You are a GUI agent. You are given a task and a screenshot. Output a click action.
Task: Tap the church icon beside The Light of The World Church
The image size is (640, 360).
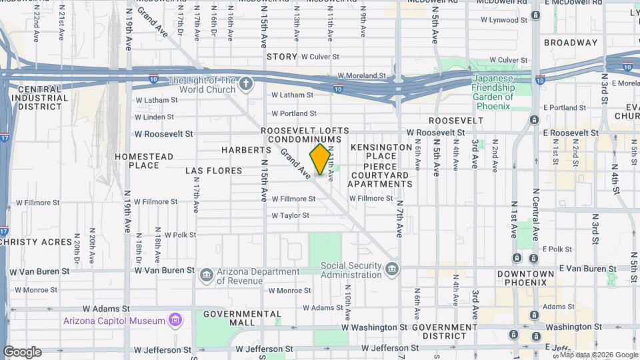pos(246,83)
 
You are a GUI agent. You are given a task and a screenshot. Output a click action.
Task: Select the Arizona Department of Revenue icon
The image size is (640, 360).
pos(206,274)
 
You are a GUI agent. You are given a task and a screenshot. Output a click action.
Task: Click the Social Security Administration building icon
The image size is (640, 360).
pos(392,269)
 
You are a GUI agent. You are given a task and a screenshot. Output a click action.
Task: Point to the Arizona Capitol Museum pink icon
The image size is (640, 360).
pos(175,321)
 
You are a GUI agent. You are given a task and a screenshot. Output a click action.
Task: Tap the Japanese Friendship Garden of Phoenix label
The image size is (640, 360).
pos(493,92)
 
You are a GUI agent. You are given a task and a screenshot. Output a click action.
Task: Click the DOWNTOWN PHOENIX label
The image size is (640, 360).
pos(525,278)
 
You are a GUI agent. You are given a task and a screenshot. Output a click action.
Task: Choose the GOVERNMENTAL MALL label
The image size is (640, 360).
pos(233,318)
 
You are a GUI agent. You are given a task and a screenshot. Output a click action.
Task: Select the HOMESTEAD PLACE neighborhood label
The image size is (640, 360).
pos(143,161)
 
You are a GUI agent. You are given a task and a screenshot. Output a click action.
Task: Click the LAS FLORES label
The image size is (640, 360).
pos(213,171)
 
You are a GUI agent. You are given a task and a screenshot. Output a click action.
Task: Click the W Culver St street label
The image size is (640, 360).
pos(325,57)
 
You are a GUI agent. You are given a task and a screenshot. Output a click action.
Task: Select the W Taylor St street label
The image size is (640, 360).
pos(290,215)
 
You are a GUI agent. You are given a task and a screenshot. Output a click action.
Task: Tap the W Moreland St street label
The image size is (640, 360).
pos(361,76)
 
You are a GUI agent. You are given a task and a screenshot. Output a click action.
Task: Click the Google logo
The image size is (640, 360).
pos(22,352)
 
